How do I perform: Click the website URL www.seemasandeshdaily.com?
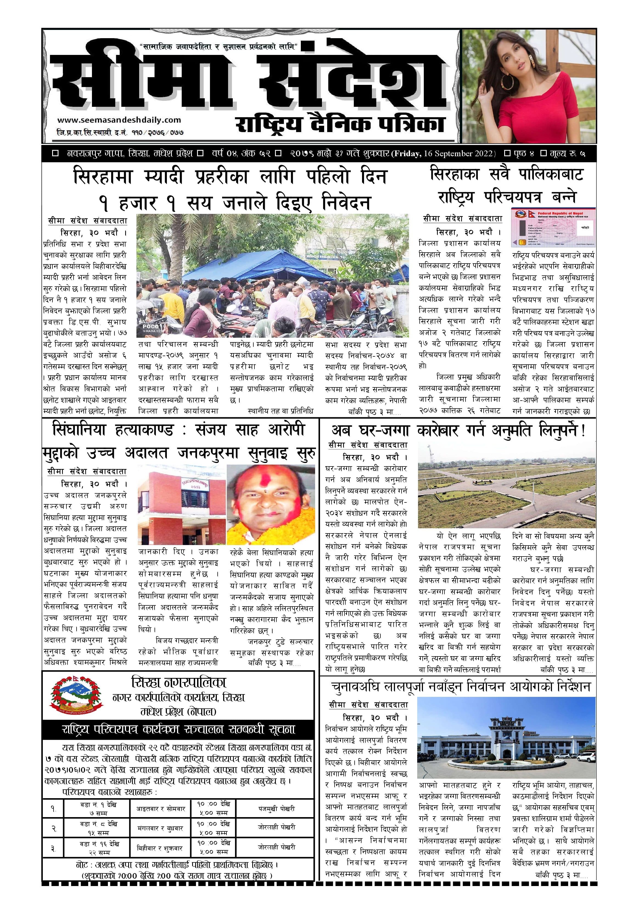(119, 120)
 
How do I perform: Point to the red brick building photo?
(181, 505)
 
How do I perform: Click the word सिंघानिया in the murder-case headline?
(79, 430)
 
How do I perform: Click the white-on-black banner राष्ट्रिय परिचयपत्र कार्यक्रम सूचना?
(178, 730)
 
